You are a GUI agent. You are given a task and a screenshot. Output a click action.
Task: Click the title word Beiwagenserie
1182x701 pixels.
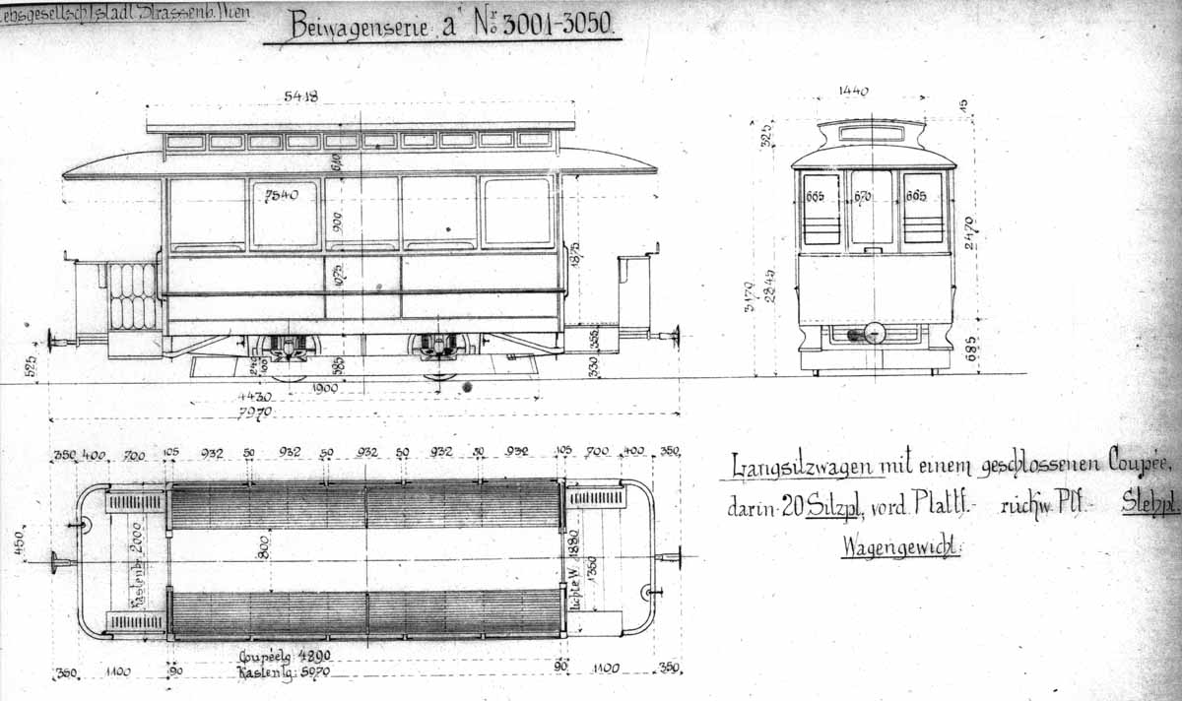360,25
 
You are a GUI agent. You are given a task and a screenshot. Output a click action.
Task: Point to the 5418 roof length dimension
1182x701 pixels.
300,96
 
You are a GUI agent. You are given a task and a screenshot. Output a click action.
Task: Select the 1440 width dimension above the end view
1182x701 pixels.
853,92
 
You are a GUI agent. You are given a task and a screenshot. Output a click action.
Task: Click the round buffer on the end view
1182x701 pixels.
873,333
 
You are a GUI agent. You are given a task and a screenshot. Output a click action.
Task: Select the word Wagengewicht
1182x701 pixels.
900,547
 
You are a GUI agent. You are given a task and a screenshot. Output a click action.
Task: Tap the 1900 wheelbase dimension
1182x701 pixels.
324,388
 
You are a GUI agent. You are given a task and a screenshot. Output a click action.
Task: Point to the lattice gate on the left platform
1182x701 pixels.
133,295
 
